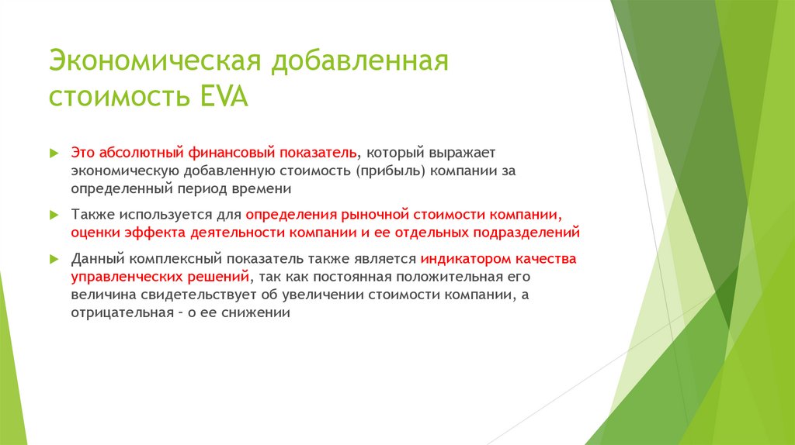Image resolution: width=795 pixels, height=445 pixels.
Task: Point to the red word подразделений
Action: [x=529, y=232]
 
